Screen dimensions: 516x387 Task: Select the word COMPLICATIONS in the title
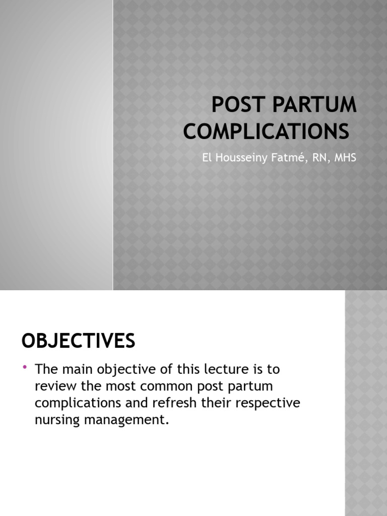tap(266, 132)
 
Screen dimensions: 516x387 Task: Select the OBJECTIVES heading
tap(78, 341)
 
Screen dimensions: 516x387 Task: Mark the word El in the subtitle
tap(207, 157)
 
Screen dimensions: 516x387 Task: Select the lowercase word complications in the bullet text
tap(82, 403)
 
